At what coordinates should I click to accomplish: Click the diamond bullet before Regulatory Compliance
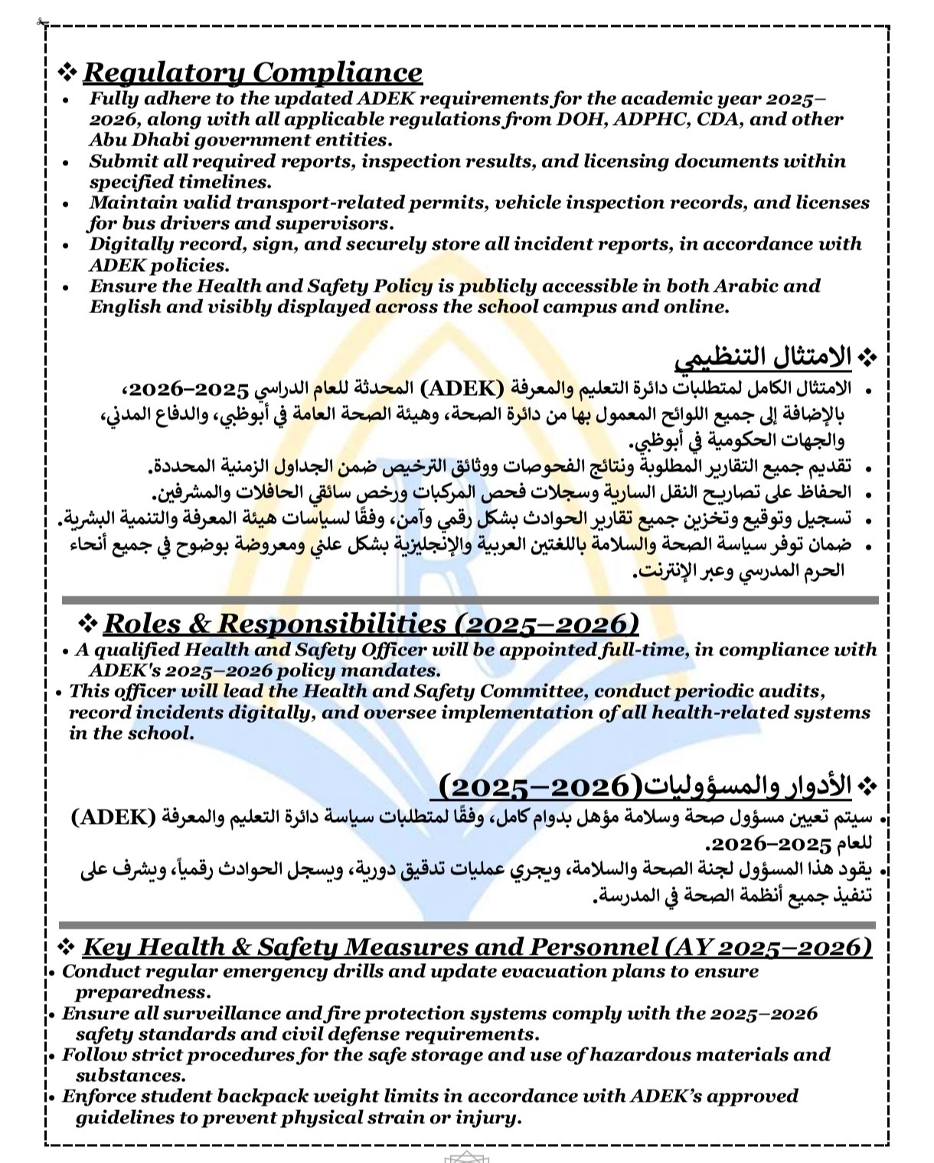[x=67, y=72]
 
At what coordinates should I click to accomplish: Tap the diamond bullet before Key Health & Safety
[x=67, y=947]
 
